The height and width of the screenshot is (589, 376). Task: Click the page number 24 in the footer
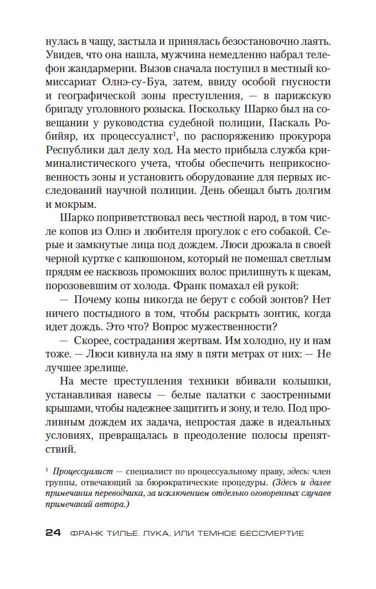(53, 533)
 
